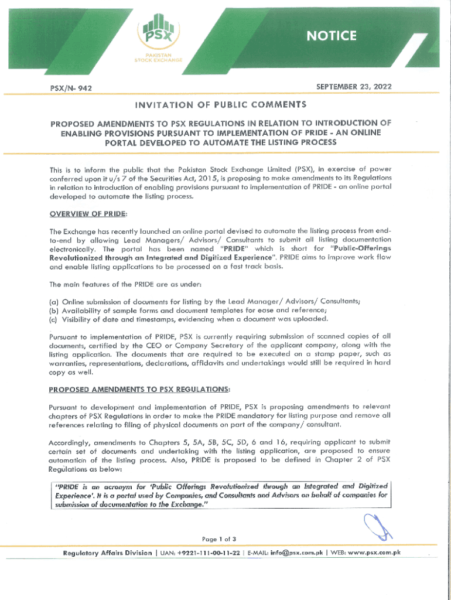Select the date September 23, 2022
coord(354,87)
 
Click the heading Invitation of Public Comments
coord(221,105)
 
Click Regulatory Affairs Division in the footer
coord(107,554)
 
